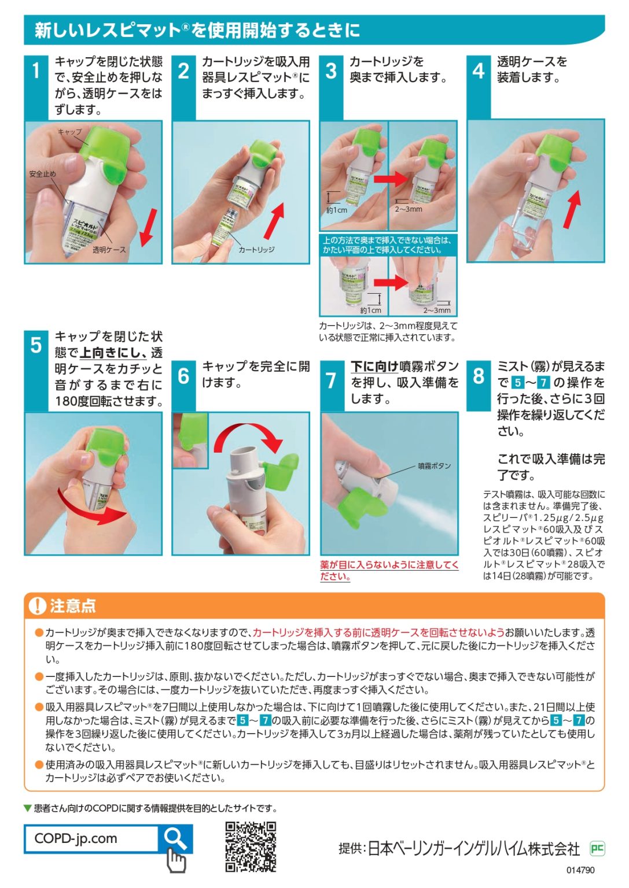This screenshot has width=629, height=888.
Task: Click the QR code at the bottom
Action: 251,846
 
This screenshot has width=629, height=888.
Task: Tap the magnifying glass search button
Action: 175,838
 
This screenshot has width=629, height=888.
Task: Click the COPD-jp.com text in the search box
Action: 76,838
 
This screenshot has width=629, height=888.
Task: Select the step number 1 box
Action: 36,71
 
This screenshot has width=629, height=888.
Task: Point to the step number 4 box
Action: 479,71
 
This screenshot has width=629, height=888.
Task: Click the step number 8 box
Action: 479,376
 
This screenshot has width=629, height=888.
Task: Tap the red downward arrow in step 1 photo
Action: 148,227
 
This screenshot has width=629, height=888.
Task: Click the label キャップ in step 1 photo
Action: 70,132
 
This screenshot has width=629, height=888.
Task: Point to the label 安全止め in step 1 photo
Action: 43,174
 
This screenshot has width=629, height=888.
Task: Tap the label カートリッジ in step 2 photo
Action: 256,250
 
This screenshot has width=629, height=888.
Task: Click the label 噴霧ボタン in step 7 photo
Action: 434,466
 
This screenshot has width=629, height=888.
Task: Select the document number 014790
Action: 580,870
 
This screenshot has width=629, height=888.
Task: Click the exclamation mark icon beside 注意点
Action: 37,605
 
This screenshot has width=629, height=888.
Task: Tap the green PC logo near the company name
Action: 597,848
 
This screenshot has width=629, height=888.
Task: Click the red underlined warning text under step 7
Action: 389,571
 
